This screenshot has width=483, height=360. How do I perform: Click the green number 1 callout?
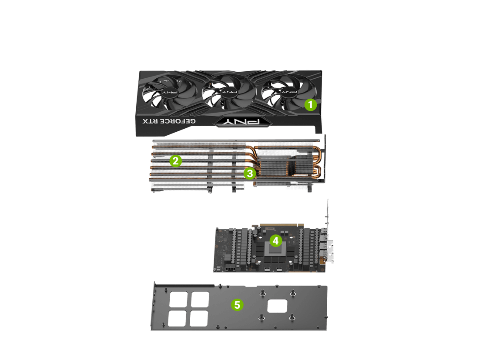[311, 105]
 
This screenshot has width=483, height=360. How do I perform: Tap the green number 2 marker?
[176, 160]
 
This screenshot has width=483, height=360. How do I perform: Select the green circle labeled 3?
[250, 173]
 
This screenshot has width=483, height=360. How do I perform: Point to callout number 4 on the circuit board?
[276, 240]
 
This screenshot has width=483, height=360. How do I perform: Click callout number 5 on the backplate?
[237, 305]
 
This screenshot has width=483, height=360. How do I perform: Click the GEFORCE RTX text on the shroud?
[169, 121]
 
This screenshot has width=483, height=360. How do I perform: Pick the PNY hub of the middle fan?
[230, 92]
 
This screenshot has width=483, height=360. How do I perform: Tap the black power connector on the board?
[230, 269]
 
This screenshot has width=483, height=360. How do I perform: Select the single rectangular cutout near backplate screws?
[277, 306]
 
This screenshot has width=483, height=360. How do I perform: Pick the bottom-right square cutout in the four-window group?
[199, 318]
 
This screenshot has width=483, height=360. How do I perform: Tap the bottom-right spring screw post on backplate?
[292, 317]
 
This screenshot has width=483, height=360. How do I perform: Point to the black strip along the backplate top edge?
[185, 286]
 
